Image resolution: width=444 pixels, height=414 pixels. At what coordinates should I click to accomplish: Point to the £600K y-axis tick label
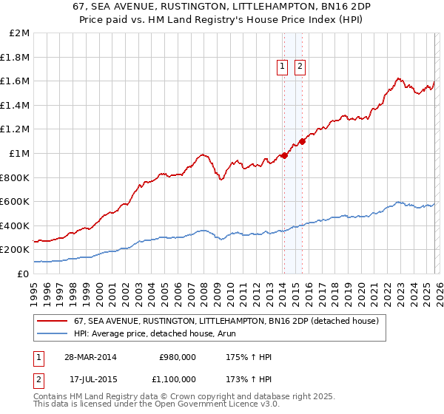16,202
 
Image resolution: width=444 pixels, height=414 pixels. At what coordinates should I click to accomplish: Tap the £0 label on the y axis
24,274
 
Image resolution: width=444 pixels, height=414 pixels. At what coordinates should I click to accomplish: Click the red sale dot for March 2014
284,155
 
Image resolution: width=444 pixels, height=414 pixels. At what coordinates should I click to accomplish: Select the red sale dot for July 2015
302,141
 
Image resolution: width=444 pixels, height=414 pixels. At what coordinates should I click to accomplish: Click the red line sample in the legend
53,321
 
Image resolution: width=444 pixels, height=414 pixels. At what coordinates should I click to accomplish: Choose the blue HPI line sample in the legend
53,333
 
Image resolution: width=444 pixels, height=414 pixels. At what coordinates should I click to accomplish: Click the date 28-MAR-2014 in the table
92,357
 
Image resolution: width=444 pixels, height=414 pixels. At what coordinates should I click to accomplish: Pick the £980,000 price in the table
178,357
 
